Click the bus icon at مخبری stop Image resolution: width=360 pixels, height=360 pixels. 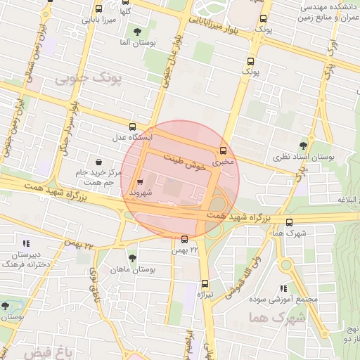pyautogui.click(x=224, y=150)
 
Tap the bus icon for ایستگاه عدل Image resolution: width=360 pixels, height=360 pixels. pyautogui.click(x=124, y=127)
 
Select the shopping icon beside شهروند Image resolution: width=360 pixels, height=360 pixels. pyautogui.click(x=139, y=179)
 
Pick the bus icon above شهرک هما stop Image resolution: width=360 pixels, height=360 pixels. pyautogui.click(x=289, y=221)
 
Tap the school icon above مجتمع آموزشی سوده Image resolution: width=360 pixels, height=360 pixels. pyautogui.click(x=283, y=288)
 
